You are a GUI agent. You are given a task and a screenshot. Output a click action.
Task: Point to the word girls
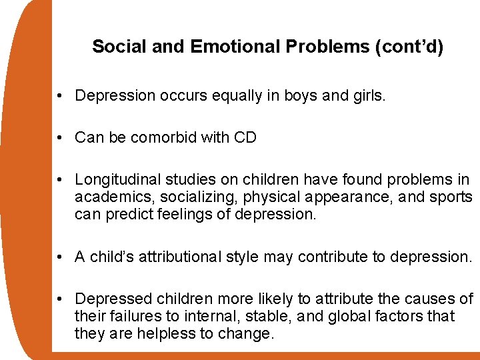click(368, 96)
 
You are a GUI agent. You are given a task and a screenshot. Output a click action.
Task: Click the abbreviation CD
click(245, 138)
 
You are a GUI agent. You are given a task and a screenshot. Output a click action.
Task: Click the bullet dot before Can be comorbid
click(60, 138)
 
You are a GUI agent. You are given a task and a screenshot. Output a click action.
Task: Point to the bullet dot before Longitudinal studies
click(60, 180)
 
